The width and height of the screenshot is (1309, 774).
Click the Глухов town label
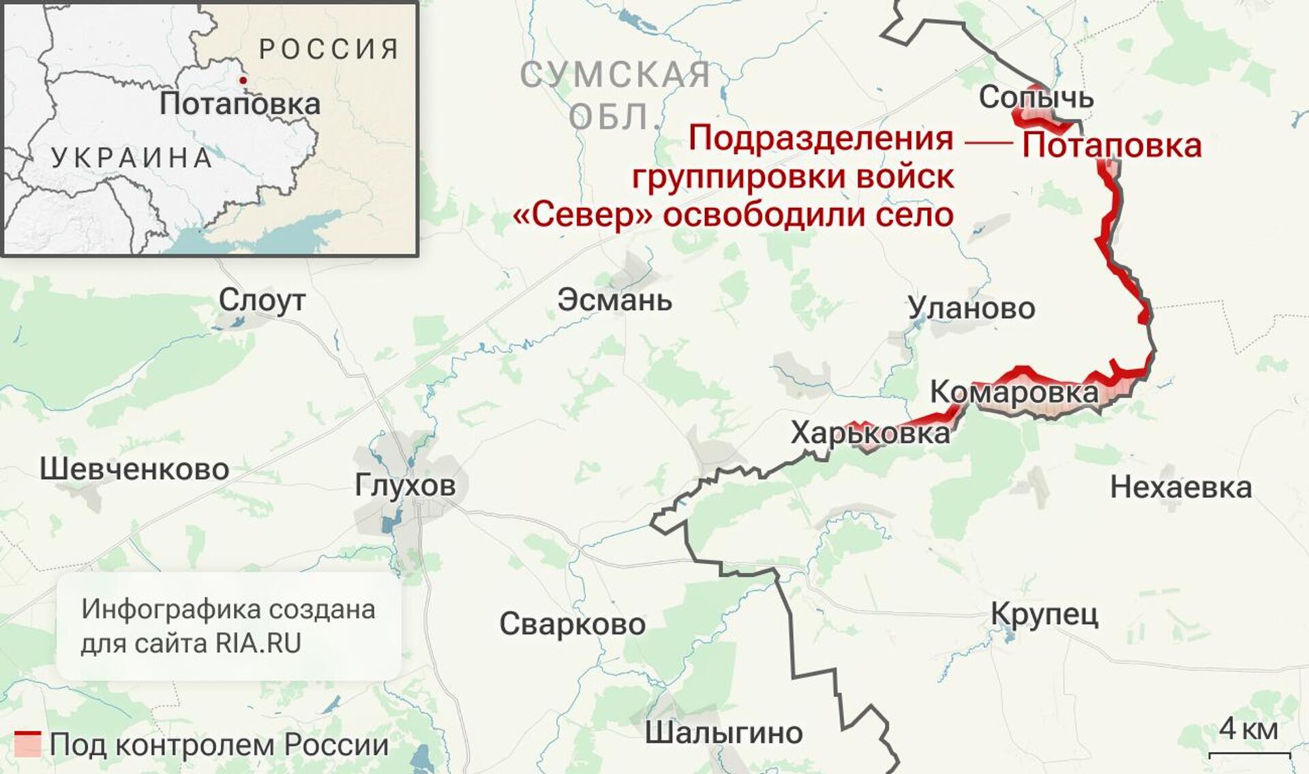(405, 486)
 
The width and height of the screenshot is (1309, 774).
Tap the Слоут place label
(262, 300)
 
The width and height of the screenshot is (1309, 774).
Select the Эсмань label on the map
(614, 300)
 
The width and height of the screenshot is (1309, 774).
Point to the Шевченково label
(134, 469)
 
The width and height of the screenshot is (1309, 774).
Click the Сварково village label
(573, 624)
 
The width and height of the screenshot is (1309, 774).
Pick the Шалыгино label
(724, 733)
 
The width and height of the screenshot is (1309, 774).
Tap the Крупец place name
(1044, 615)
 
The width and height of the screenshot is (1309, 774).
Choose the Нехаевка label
(1181, 488)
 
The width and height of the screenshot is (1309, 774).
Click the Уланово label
(972, 309)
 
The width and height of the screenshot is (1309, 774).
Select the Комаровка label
(1014, 392)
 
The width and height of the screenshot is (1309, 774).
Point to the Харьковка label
(870, 433)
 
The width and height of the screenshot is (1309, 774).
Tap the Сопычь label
(1036, 98)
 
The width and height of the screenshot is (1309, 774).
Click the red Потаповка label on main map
(1111, 146)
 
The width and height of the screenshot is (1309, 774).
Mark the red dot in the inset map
(243, 80)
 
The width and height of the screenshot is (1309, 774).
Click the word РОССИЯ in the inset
(329, 49)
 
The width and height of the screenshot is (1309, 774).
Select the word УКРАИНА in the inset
(132, 158)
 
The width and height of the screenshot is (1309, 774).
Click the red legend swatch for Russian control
(28, 745)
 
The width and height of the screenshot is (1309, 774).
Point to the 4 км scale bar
(1249, 754)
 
